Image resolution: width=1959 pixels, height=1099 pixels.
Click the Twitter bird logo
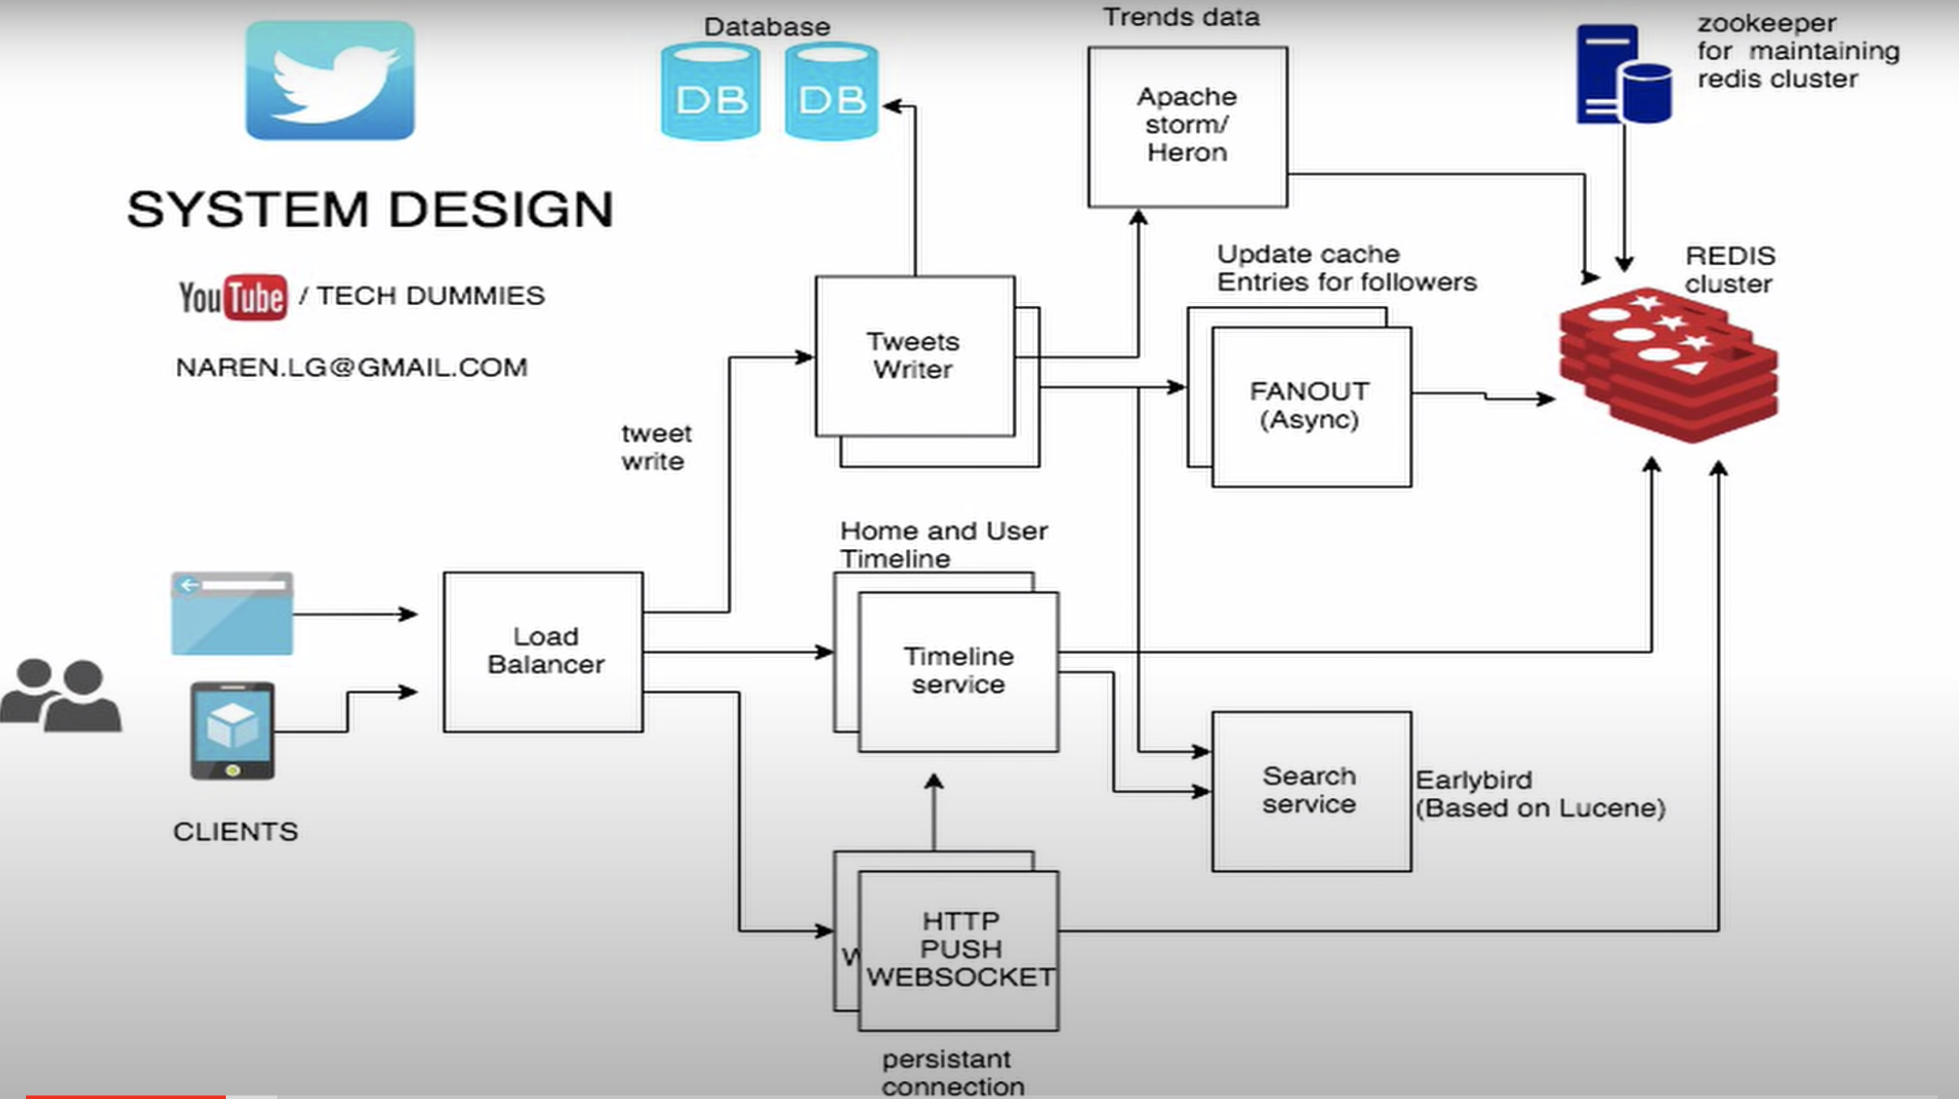(330, 81)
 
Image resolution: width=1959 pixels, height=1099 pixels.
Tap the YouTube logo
(233, 296)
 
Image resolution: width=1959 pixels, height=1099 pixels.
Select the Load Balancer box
(544, 652)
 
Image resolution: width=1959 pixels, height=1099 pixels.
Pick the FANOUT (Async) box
(1311, 406)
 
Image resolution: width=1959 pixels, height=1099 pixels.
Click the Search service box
(1311, 791)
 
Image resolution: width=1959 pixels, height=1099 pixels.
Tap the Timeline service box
(958, 671)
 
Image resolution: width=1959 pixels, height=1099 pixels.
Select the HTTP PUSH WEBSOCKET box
(959, 950)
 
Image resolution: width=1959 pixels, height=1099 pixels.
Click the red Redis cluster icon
(1668, 364)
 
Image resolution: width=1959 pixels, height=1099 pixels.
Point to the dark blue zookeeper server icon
(1623, 74)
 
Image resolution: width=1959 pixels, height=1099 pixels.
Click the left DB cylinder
(710, 92)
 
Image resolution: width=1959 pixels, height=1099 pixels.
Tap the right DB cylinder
(831, 92)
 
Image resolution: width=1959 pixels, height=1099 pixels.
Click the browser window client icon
(232, 613)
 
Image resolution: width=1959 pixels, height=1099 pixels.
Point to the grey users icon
(61, 695)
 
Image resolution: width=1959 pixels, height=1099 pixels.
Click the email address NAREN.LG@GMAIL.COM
(351, 367)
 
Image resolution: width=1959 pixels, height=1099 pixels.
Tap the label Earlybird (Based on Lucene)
(1539, 794)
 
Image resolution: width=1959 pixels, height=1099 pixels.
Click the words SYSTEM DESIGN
(370, 209)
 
